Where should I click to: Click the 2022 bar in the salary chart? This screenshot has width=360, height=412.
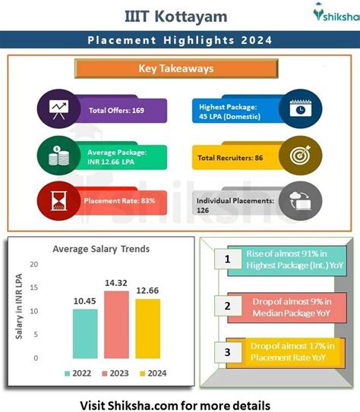(x=85, y=333)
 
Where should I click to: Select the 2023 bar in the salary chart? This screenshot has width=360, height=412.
(x=116, y=325)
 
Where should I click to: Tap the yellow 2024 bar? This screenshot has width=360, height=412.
(x=148, y=329)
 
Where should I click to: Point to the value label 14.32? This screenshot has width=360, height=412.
(x=116, y=283)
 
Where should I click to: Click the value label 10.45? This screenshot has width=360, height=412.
(x=84, y=301)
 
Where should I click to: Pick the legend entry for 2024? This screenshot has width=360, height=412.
(x=153, y=373)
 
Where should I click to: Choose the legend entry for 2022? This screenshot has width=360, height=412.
(x=77, y=373)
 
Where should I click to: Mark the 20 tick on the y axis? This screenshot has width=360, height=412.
(x=34, y=264)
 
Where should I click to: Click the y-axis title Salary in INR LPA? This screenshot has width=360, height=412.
(x=19, y=307)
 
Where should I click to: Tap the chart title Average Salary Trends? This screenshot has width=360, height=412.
(x=101, y=249)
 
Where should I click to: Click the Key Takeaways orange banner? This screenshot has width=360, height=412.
(x=176, y=68)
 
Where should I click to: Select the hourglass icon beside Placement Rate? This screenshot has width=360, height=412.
(x=59, y=201)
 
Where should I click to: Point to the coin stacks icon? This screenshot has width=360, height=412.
(x=59, y=156)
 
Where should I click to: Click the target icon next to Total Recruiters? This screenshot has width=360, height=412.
(x=300, y=155)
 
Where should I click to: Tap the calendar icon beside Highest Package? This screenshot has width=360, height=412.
(x=301, y=108)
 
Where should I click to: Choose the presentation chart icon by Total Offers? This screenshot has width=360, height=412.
(x=59, y=109)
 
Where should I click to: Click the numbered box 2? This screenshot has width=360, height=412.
(x=228, y=306)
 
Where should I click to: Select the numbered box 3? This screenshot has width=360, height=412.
(x=228, y=352)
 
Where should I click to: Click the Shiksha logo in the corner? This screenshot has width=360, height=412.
(x=336, y=12)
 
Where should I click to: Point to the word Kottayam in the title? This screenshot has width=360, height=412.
(x=191, y=17)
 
